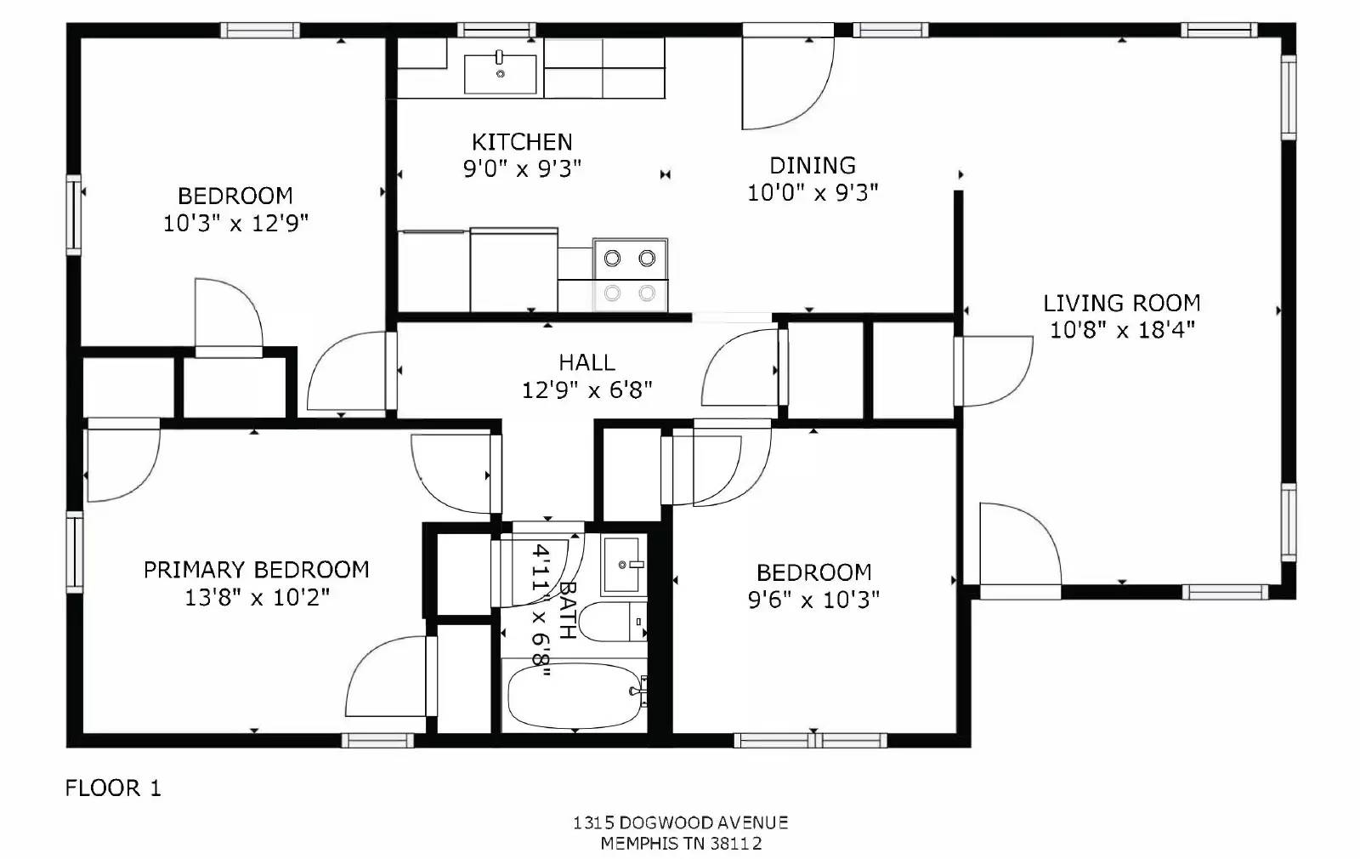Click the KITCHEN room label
[522, 141]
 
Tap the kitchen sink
[500, 74]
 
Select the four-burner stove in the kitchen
[630, 275]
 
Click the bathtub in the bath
[574, 695]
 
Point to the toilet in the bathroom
[614, 622]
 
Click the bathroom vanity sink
[624, 565]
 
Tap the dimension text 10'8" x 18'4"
[1122, 330]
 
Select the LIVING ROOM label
[1122, 303]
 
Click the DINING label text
[813, 165]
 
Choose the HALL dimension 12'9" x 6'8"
[586, 390]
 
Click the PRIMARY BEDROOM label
[256, 569]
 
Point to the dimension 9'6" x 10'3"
[813, 600]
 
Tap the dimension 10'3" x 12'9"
[235, 223]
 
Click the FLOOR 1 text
[113, 788]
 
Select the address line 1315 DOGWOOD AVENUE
[680, 822]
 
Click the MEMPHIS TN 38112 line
[680, 844]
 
